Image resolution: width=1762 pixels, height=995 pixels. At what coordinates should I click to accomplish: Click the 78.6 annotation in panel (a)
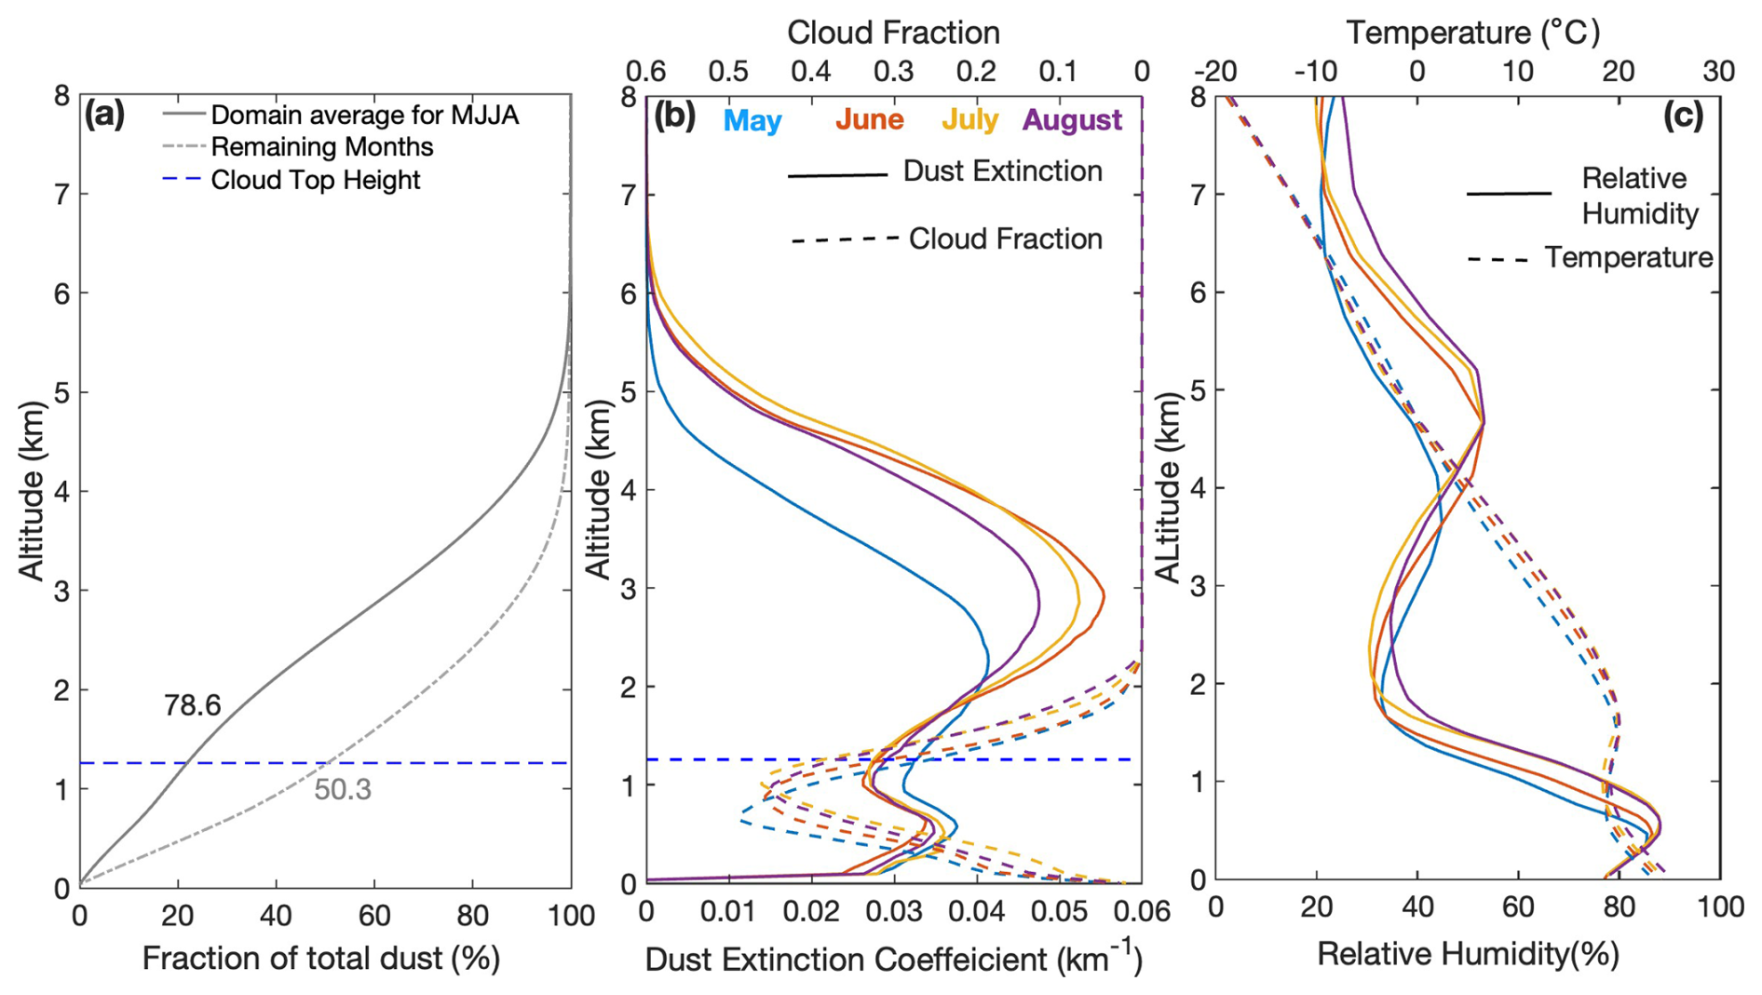192,706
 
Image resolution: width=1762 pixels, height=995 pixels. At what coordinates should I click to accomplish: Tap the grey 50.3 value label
343,790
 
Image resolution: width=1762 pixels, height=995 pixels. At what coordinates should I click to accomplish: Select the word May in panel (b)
752,121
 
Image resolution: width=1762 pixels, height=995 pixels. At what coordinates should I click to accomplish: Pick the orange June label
869,120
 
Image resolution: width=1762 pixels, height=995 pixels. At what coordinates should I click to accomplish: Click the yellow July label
969,120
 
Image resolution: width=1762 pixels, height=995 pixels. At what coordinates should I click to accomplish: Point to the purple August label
1072,120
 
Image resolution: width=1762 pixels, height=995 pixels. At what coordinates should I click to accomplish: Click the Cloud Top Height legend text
316,180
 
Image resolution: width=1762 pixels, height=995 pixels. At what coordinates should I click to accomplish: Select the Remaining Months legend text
322,147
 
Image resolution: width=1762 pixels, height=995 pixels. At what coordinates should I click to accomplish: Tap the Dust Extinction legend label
1002,171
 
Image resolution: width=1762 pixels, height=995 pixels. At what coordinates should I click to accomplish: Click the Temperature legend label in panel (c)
1628,258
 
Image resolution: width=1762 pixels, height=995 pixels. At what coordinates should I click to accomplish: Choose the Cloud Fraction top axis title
893,33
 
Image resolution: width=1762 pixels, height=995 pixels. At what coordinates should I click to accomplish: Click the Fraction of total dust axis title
320,959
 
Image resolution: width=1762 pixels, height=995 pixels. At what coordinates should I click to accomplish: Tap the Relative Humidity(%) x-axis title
1468,955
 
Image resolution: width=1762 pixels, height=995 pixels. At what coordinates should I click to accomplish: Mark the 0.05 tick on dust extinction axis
1059,912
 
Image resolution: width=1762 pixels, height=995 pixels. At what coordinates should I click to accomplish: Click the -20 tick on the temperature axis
1215,72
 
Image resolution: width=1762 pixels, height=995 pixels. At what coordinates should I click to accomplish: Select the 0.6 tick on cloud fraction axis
646,72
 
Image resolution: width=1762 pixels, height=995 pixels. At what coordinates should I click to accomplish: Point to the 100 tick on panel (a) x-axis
570,917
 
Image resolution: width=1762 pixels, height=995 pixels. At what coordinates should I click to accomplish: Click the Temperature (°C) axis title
1472,33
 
